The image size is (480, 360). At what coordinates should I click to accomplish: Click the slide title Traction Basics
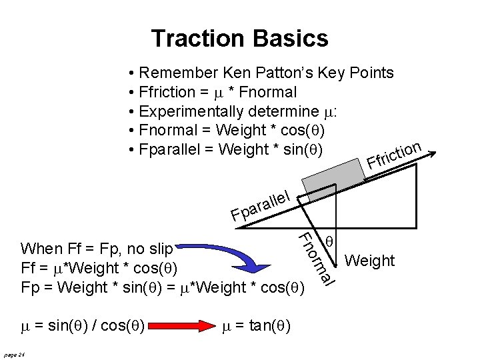(239, 38)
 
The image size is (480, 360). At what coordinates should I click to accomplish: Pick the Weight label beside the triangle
(371, 261)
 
